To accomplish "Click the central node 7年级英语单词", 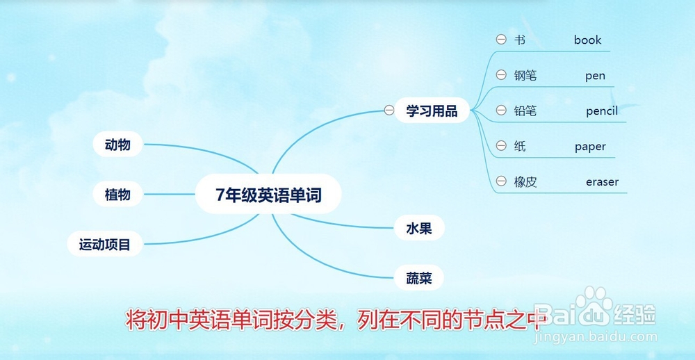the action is pos(268,194).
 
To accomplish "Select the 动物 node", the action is pos(118,144).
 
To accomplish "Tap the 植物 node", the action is pos(118,194).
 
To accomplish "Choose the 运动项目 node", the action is pos(105,244).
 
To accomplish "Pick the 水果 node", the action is pos(419,229).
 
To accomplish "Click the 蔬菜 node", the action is pos(419,279).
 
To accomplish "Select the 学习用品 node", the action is pos(432,110).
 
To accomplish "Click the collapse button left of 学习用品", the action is pos(389,110).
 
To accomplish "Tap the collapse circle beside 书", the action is pos(501,40).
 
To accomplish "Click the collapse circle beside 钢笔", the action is pos(501,75).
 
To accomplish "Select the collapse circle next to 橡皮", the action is pos(501,181).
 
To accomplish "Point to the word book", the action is pos(588,40).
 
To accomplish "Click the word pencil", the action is pos(602,111).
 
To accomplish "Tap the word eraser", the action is pos(603,182).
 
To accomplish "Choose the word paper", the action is pos(590,147).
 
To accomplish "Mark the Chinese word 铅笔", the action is pos(525,111).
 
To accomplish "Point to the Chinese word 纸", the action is pos(521,146).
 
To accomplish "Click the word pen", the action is pos(596,76).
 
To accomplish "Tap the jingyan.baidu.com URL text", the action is pos(596,337).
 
